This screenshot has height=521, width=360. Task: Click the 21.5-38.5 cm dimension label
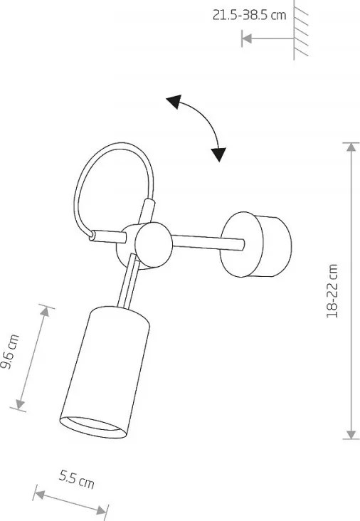[x=249, y=15]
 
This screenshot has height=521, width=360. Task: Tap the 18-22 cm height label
[x=332, y=291]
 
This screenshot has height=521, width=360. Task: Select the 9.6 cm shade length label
[x=10, y=352]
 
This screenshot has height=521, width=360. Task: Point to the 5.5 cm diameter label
[x=77, y=480]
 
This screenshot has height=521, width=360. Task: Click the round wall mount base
[x=255, y=244]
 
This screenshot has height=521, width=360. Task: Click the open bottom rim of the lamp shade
[x=93, y=427]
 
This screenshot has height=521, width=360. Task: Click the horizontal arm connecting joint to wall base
[x=208, y=242]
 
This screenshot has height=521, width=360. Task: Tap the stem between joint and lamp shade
[x=129, y=280]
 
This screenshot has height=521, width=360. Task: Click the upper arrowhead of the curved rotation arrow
[x=174, y=102]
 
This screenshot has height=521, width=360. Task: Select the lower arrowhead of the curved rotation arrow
[x=218, y=154]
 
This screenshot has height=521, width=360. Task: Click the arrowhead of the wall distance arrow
[x=246, y=38]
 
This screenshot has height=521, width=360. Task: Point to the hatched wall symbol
[x=300, y=30]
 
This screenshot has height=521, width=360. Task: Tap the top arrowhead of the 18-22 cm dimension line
[x=351, y=147]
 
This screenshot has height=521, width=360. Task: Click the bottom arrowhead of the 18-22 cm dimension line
[x=351, y=435]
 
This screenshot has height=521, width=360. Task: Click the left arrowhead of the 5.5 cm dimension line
[x=39, y=495]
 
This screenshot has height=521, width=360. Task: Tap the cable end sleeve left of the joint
[x=108, y=236]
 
